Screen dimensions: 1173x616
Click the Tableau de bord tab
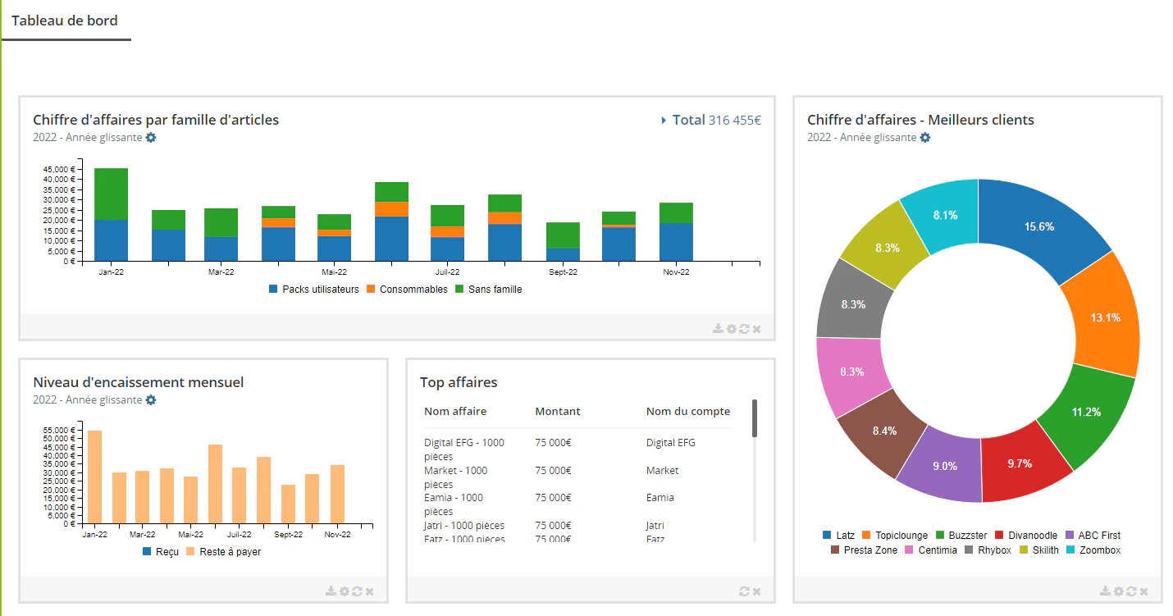pyautogui.click(x=65, y=21)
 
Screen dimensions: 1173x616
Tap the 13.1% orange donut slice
pyautogui.click(x=1106, y=317)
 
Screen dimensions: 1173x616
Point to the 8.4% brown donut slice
pyautogui.click(x=884, y=431)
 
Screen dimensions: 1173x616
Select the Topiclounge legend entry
pyautogui.click(x=895, y=536)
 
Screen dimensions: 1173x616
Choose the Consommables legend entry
pyautogui.click(x=407, y=290)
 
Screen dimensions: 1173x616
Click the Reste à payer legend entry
pyautogui.click(x=224, y=551)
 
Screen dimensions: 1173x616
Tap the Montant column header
pyautogui.click(x=558, y=411)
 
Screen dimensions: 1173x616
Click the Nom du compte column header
pyautogui.click(x=688, y=411)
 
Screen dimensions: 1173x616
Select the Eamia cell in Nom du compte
pyautogui.click(x=660, y=498)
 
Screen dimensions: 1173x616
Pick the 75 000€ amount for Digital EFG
pyautogui.click(x=553, y=443)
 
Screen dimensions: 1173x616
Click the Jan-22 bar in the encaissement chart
pyautogui.click(x=95, y=477)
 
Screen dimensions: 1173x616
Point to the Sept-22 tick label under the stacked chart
pyautogui.click(x=563, y=271)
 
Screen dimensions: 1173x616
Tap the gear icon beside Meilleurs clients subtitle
pyautogui.click(x=925, y=137)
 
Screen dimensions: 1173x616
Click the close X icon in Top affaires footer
pyautogui.click(x=756, y=591)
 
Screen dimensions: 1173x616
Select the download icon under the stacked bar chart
pyautogui.click(x=718, y=328)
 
